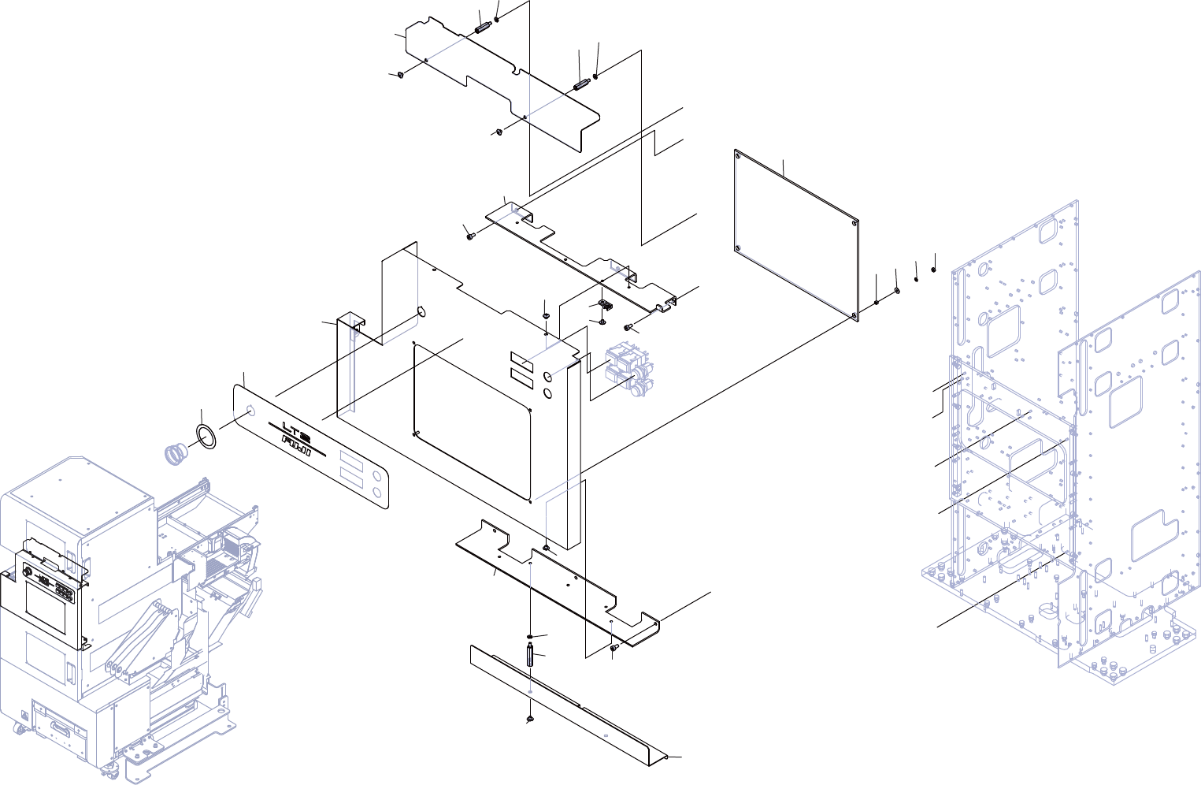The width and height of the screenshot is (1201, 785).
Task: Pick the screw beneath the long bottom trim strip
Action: point(530,720)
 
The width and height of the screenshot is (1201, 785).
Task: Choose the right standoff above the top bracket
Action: point(583,84)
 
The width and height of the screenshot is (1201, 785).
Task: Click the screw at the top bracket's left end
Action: point(400,75)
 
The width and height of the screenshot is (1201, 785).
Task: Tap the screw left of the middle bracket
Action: point(470,234)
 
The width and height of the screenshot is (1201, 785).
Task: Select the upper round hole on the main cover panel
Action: point(548,378)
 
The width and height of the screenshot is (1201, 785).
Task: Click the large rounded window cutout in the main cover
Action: point(473,422)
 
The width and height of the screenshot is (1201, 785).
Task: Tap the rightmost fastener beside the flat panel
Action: point(934,270)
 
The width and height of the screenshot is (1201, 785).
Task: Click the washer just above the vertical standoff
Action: point(532,637)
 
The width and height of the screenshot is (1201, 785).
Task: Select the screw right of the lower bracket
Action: point(615,647)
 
